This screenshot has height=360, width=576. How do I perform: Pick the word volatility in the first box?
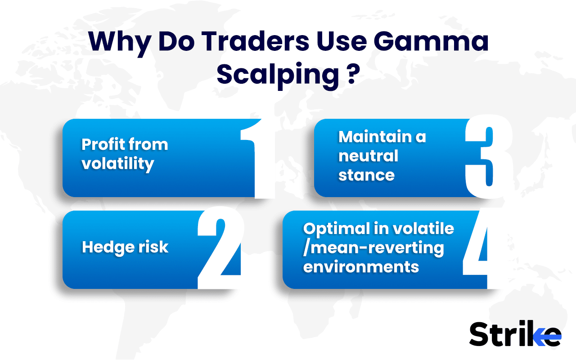(117, 163)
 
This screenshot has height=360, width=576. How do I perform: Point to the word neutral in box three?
(368, 156)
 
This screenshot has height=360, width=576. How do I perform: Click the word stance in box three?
(366, 175)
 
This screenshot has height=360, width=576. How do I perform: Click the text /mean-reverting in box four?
(373, 247)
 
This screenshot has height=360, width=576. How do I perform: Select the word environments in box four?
(361, 266)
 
